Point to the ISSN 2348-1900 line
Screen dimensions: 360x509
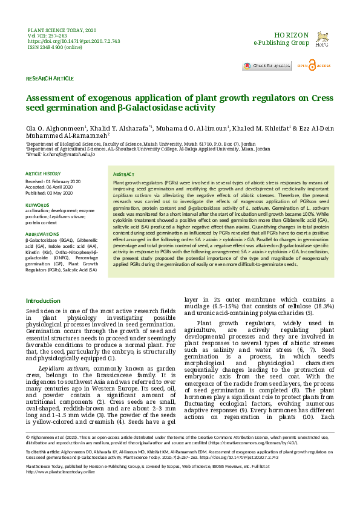tap(55, 47)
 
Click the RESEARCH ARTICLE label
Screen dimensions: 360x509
tap(50, 79)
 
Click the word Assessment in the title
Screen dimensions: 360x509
tap(53, 98)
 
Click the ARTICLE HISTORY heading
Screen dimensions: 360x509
tap(43, 174)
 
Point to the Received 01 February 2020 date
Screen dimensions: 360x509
tap(53, 181)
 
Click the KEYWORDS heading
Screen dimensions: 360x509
tap(37, 205)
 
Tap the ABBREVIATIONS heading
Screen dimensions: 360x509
tap(42, 233)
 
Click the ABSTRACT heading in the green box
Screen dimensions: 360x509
tap(124, 173)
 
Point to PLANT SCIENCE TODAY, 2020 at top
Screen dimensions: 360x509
tap(62, 30)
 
